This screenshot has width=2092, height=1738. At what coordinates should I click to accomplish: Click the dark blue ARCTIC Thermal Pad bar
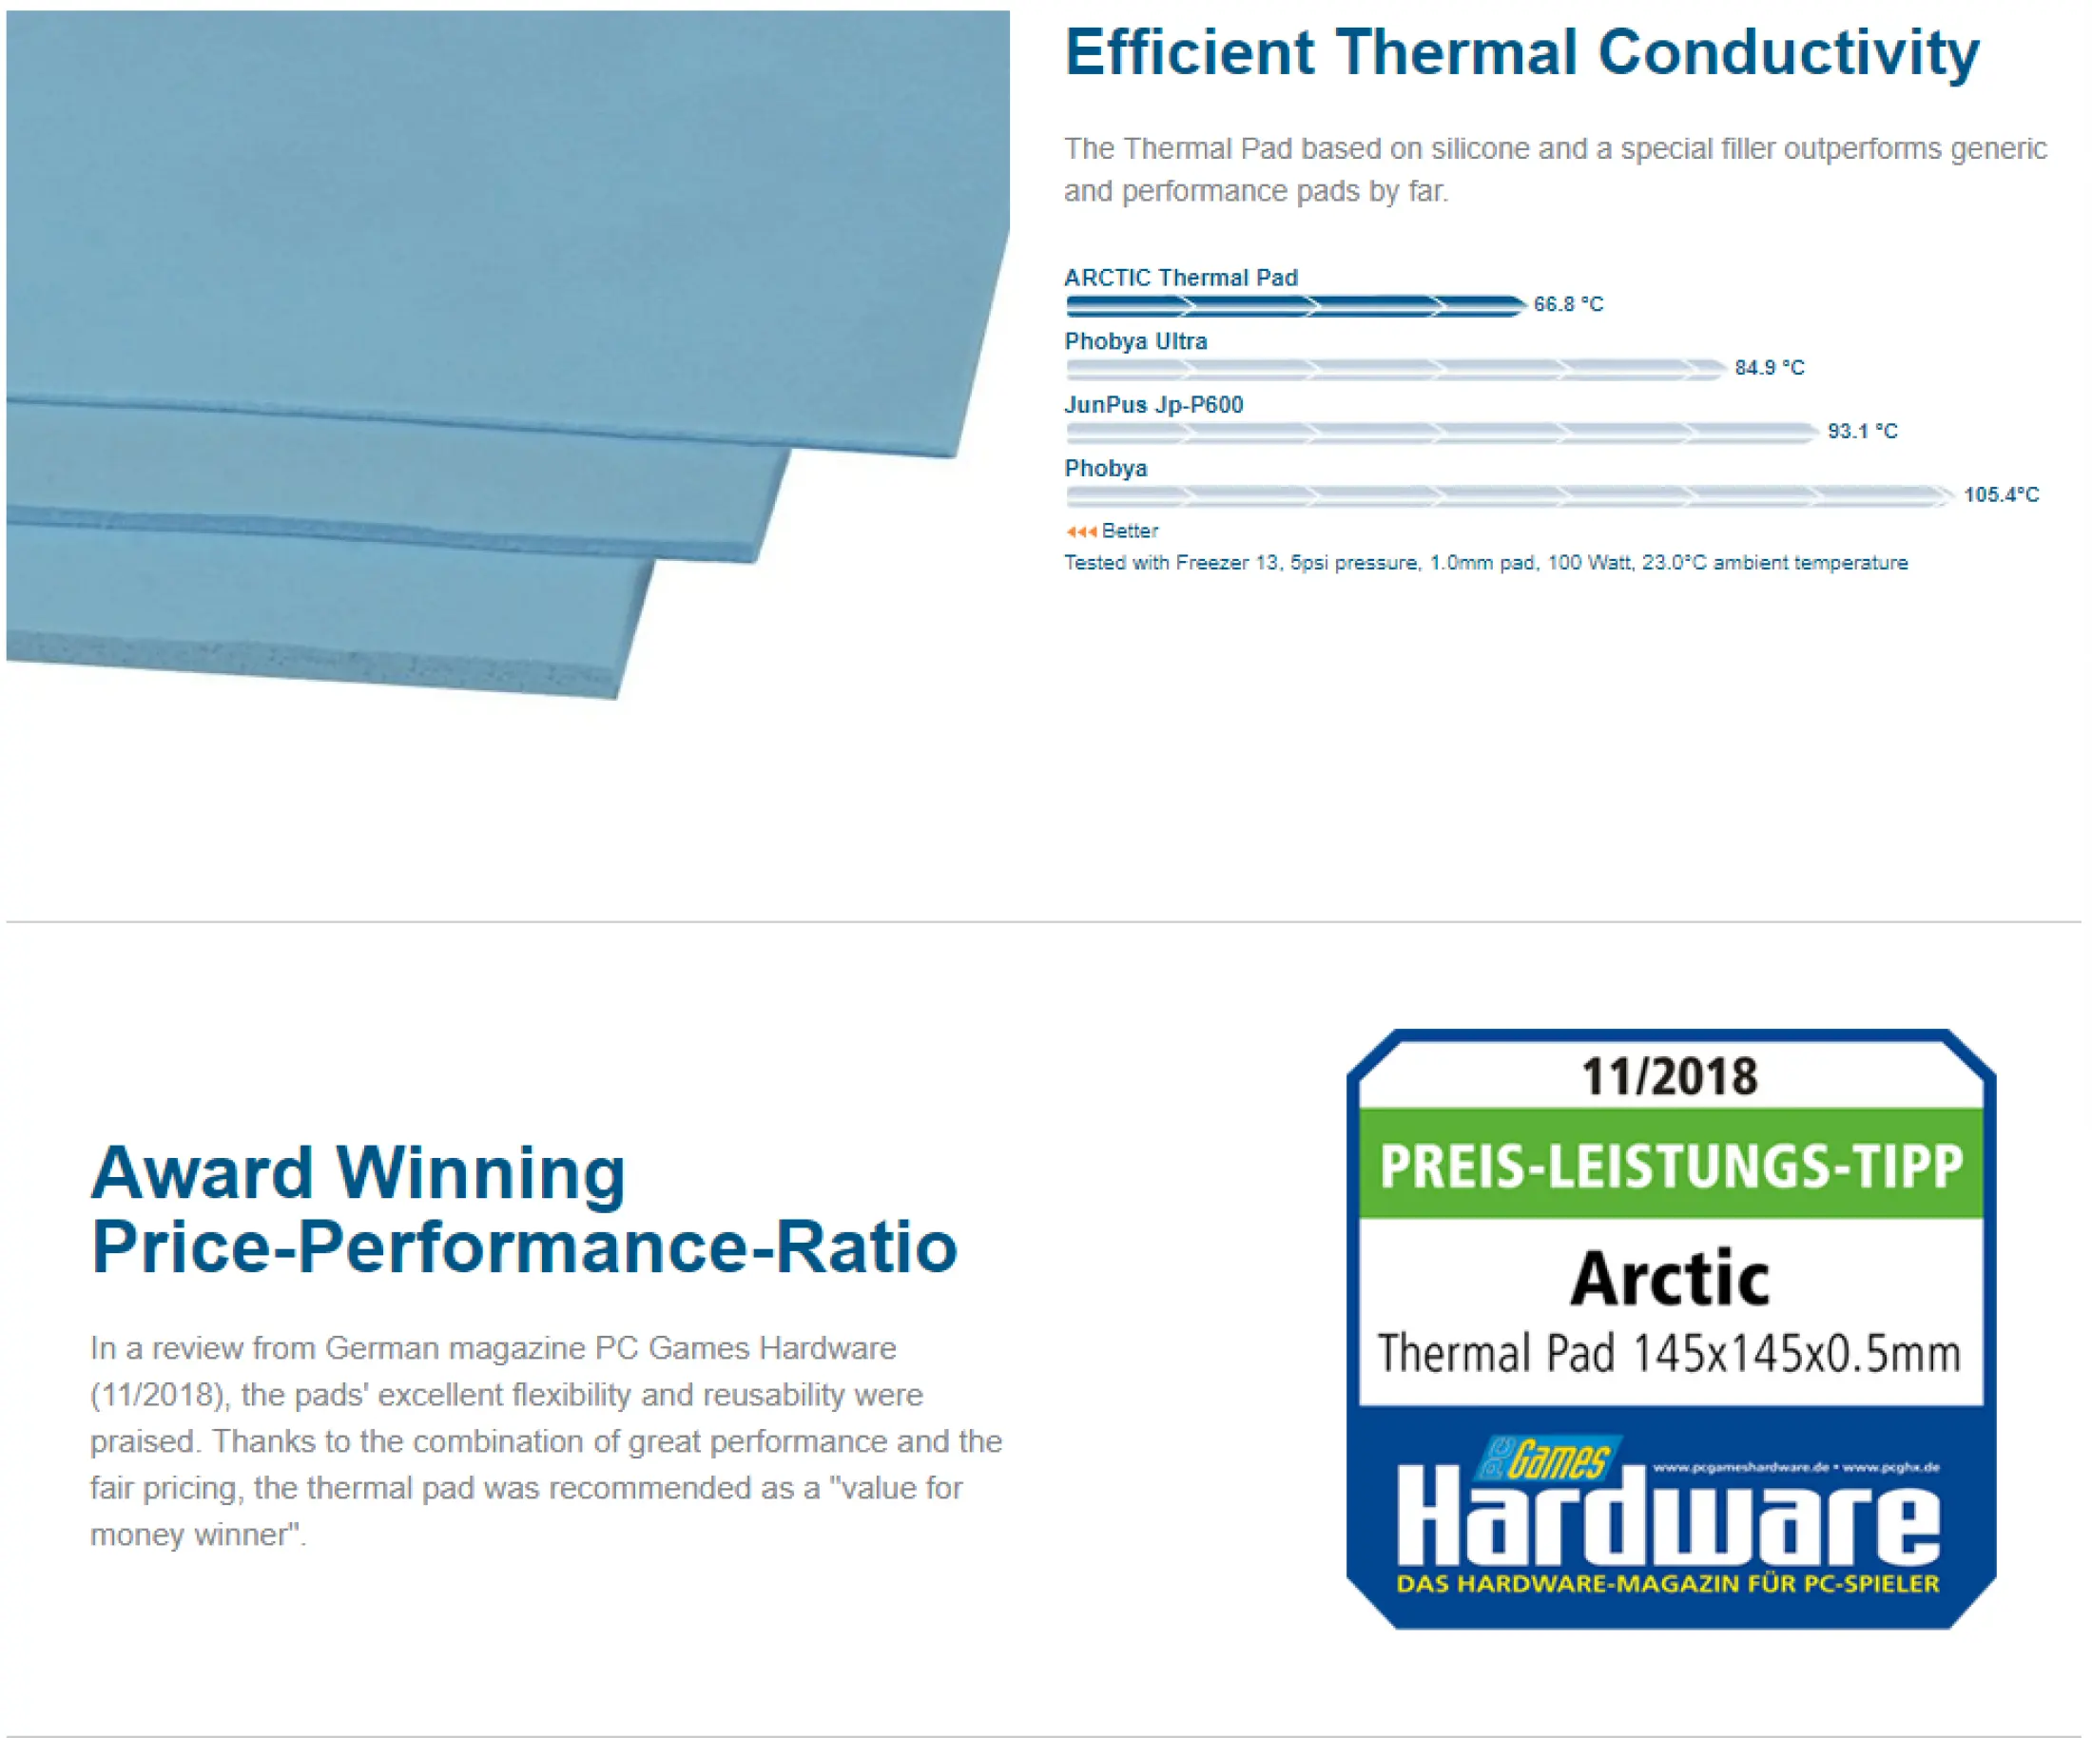[1295, 305]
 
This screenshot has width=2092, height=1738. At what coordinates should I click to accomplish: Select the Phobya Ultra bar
[1395, 369]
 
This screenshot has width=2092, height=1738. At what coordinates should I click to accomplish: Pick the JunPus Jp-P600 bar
[1442, 433]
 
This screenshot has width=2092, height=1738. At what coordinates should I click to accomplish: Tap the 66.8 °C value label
[1568, 304]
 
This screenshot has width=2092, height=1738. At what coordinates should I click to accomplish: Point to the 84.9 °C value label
[1770, 368]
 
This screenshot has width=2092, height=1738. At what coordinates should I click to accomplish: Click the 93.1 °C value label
[1862, 432]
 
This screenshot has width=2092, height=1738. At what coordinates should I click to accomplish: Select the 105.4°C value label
[2001, 495]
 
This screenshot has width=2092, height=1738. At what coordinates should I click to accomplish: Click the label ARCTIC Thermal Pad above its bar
[1180, 278]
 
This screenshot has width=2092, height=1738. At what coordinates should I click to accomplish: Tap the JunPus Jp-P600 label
[1153, 405]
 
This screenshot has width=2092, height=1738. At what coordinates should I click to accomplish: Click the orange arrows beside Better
[1081, 531]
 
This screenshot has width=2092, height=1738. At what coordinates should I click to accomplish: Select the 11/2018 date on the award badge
[1670, 1076]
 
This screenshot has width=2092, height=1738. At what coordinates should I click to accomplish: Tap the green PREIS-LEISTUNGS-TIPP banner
[1671, 1164]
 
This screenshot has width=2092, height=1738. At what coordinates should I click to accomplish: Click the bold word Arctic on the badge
[1670, 1278]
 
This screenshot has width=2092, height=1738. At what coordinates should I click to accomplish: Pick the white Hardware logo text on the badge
[1668, 1517]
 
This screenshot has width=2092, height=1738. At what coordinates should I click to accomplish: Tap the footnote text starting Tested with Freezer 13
[1485, 564]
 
